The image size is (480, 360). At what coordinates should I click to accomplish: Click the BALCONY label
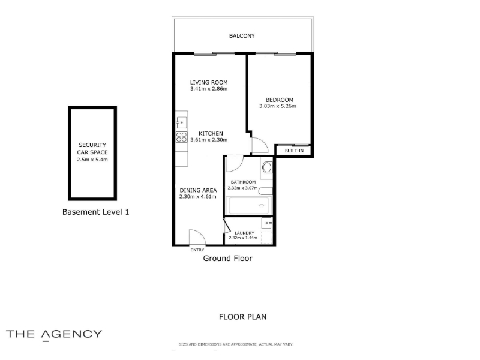pos(242,36)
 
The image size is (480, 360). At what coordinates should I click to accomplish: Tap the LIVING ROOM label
pos(209,82)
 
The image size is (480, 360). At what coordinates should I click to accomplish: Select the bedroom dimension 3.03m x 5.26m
pos(278,106)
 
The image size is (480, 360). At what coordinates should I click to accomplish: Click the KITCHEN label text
pos(211,133)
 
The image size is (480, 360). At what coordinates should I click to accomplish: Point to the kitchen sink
pos(181,123)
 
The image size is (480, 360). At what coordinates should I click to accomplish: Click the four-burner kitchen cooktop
pos(181,137)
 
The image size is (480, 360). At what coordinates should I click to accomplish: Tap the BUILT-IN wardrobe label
pos(294,151)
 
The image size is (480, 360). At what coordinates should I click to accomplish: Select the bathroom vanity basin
pos(267,167)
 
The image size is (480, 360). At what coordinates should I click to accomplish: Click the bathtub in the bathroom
pos(248,205)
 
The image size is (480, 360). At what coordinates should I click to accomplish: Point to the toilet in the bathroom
pos(265,191)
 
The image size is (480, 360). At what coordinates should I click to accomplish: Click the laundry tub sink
pos(267,223)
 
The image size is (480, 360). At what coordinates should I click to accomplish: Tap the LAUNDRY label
pos(244,233)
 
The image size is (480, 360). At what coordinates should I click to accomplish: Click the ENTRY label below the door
pos(197,250)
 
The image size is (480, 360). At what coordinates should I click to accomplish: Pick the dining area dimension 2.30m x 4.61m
pos(198,197)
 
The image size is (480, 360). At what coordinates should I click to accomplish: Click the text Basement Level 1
pos(95,212)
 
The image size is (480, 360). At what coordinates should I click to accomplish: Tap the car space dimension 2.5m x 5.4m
pos(92,160)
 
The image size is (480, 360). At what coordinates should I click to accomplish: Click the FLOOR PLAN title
pos(243,317)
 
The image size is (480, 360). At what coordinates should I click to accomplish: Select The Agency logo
pos(54,335)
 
